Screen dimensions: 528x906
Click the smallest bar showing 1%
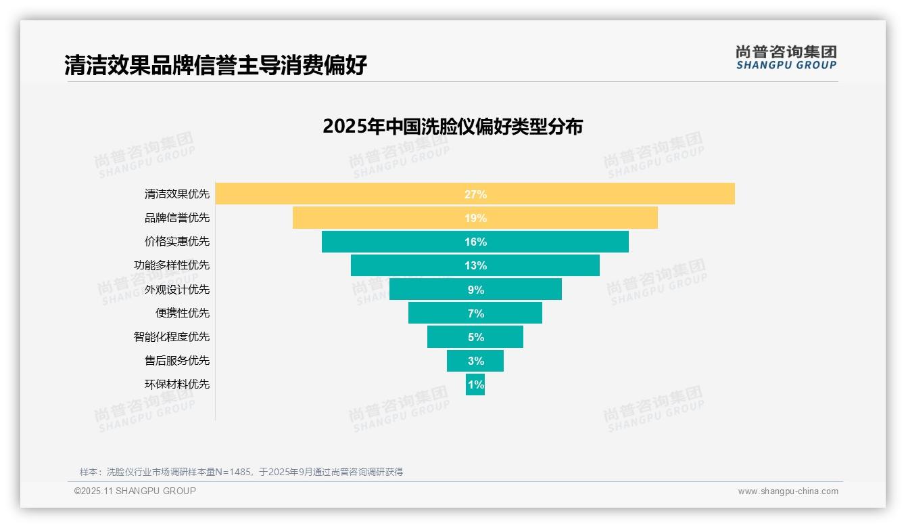coord(475,384)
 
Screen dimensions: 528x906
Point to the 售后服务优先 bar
coord(475,361)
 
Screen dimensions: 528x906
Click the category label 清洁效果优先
coord(177,194)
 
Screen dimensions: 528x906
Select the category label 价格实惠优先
coord(177,242)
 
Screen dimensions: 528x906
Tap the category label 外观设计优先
coord(177,290)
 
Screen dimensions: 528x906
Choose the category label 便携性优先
coord(183,313)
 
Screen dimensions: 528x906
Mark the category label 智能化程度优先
coord(172,337)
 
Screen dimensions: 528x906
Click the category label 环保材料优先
coord(177,384)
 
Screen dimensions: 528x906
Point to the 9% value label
coord(475,290)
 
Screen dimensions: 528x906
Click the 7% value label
coord(475,313)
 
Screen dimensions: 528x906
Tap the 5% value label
coord(475,337)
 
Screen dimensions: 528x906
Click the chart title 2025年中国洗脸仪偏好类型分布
coord(452,127)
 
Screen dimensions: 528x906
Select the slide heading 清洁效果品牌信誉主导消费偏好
coord(216,66)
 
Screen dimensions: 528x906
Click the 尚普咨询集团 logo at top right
coord(786,57)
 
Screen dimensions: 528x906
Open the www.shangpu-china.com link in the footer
coord(788,491)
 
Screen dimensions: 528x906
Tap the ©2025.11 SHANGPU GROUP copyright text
coord(135,491)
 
